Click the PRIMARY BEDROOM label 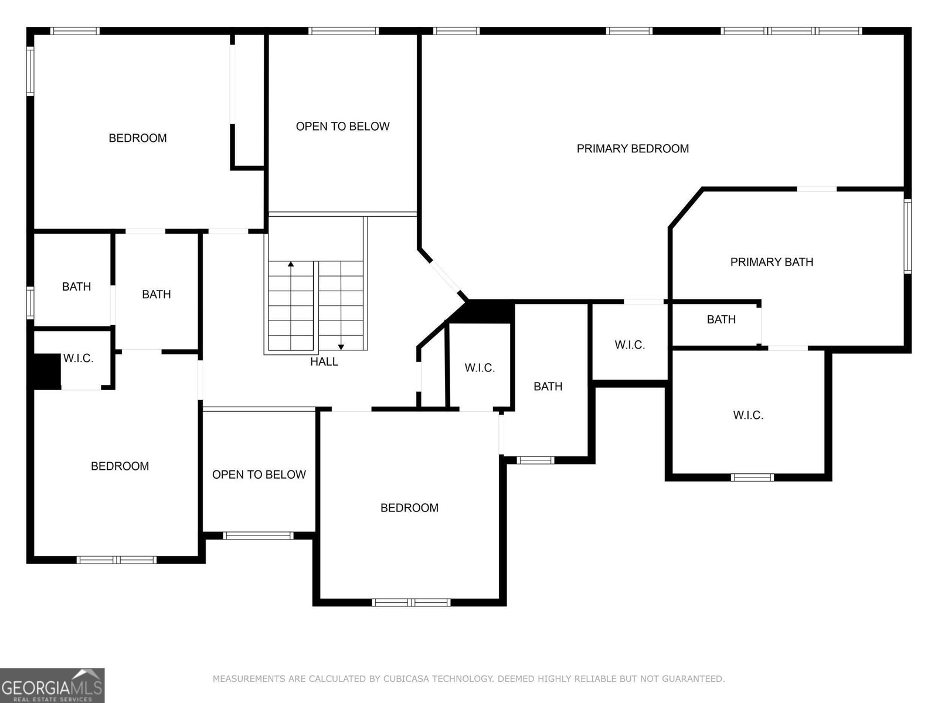pyautogui.click(x=633, y=149)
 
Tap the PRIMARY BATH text pyautogui.click(x=772, y=262)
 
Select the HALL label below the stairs pyautogui.click(x=324, y=361)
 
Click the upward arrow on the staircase pyautogui.click(x=291, y=265)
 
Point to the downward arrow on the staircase pyautogui.click(x=341, y=347)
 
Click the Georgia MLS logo pyautogui.click(x=52, y=685)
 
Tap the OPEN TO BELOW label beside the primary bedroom pyautogui.click(x=342, y=127)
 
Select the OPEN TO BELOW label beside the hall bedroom pyautogui.click(x=259, y=475)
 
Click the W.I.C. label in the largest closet pyautogui.click(x=748, y=415)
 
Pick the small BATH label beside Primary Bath pyautogui.click(x=721, y=319)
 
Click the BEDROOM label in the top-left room pyautogui.click(x=138, y=138)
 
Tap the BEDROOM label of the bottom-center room pyautogui.click(x=409, y=508)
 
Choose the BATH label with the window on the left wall pyautogui.click(x=76, y=286)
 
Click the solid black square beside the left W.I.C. pyautogui.click(x=46, y=371)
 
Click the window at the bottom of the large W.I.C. pyautogui.click(x=753, y=477)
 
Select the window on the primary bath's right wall pyautogui.click(x=908, y=236)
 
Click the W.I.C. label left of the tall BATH pyautogui.click(x=480, y=368)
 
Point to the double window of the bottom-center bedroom pyautogui.click(x=412, y=602)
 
